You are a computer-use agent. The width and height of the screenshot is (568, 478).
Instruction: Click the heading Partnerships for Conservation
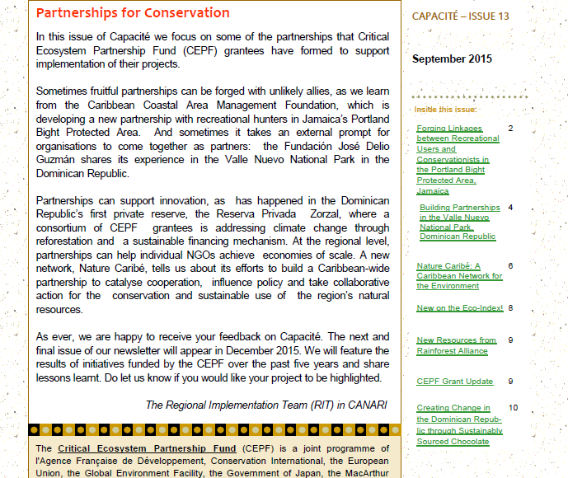[133, 13]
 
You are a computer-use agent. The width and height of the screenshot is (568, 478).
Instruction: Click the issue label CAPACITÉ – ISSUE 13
[461, 16]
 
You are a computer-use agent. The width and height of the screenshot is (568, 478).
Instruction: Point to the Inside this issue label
[445, 109]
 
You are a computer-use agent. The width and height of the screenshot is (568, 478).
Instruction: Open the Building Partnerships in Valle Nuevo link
[459, 222]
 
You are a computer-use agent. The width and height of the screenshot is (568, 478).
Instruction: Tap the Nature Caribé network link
[459, 276]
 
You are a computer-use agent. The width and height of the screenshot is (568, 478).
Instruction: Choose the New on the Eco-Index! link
[460, 307]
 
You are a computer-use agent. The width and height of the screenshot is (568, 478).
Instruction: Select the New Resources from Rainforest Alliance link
[456, 344]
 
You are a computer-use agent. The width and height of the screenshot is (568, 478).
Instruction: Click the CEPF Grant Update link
[454, 382]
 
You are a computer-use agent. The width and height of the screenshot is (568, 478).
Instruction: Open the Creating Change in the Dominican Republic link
[459, 424]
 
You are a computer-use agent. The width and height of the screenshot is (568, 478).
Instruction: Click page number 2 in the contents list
[510, 129]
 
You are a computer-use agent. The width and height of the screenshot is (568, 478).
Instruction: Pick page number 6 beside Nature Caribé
[510, 266]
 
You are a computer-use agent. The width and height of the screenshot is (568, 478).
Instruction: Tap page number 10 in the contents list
[513, 408]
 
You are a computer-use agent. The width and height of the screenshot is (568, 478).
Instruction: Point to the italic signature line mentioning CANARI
[265, 405]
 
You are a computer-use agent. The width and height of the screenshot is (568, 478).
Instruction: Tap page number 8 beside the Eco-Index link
[510, 307]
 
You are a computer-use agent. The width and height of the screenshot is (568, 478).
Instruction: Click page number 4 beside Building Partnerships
[510, 208]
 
